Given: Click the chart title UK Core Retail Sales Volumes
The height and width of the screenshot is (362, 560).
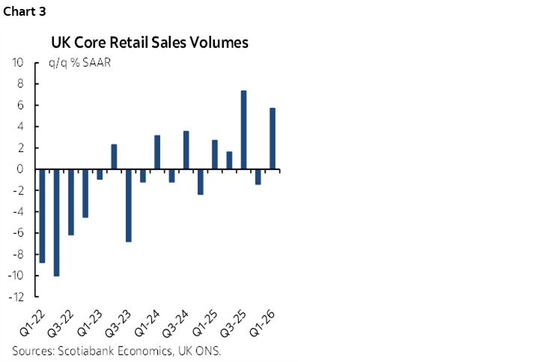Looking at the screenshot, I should point(149,43).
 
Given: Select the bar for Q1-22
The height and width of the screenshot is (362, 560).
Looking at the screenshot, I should point(42,216).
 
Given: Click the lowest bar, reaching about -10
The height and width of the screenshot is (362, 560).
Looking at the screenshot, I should point(56,223).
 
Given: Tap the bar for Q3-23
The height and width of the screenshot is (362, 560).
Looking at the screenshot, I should point(128,205).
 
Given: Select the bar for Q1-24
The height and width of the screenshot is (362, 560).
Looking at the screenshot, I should point(157,152).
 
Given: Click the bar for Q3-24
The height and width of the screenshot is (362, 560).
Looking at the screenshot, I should point(186,151).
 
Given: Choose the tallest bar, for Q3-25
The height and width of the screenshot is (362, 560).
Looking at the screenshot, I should point(243,130).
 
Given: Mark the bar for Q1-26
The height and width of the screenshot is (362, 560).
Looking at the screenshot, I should point(273,139).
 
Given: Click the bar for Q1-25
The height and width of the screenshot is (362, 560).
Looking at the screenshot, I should point(215,154).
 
